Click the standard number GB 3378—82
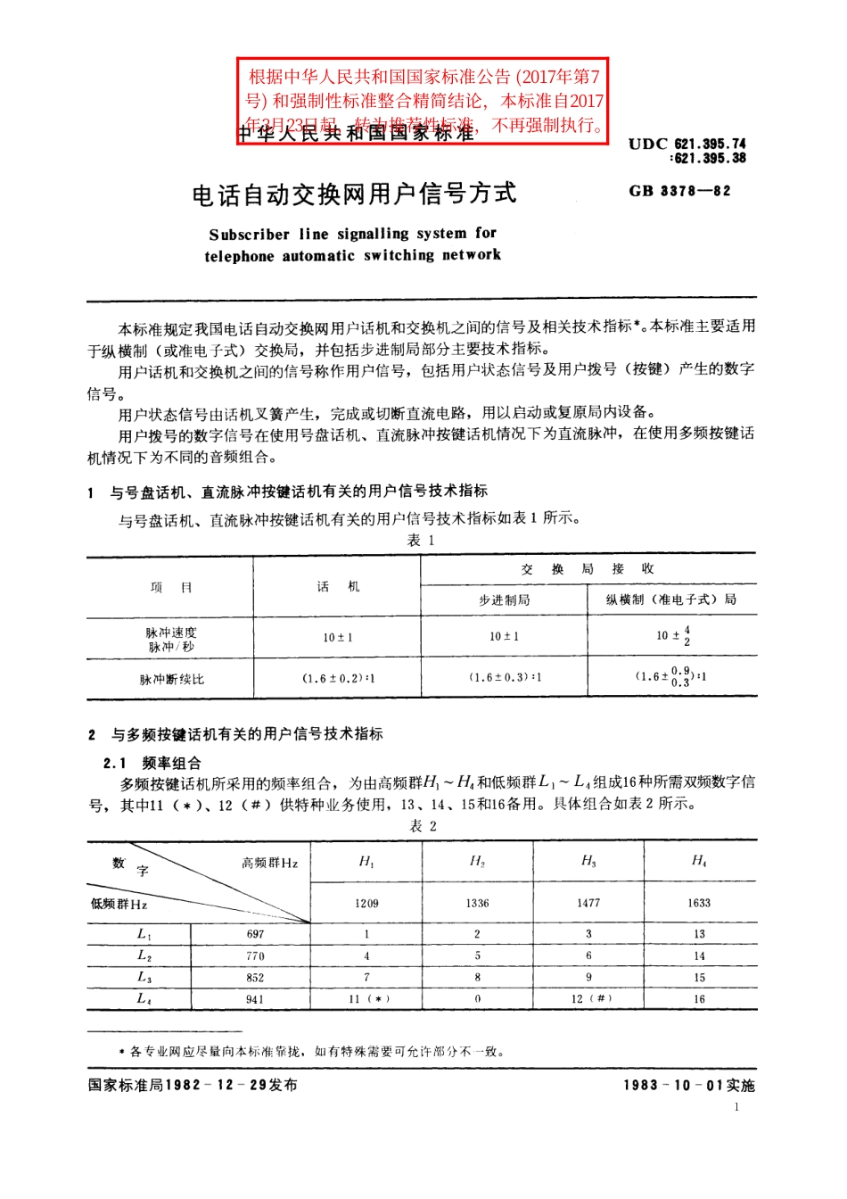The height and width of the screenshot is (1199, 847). click(679, 191)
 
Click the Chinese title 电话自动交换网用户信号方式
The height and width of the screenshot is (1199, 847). click(354, 194)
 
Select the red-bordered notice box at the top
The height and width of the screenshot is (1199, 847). click(423, 100)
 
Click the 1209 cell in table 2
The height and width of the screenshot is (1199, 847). click(366, 903)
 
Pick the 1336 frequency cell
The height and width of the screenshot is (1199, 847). click(477, 903)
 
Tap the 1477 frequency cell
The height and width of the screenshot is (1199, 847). click(588, 903)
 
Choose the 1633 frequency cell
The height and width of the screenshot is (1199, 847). click(699, 903)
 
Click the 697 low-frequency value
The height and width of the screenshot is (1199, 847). click(256, 934)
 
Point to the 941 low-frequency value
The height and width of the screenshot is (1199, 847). click(256, 999)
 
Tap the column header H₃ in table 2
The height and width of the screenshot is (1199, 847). click(588, 861)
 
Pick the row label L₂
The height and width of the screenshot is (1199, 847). click(144, 955)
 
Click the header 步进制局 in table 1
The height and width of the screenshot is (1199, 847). click(504, 600)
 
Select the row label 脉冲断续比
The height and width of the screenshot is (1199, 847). click(171, 679)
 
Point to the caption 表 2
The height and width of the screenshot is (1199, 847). click(423, 826)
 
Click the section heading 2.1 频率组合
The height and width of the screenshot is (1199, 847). click(152, 763)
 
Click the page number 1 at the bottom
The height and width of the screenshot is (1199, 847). click(736, 1107)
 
